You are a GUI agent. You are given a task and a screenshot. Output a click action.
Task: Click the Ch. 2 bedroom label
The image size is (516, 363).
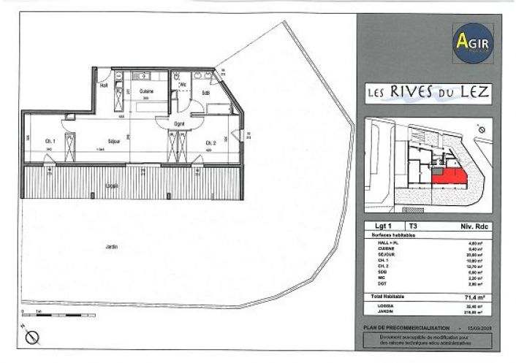click(210, 142)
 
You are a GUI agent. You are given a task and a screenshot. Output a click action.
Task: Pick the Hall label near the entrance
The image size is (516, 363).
click(103, 85)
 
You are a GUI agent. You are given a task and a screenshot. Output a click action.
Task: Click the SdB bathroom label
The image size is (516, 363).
click(206, 93)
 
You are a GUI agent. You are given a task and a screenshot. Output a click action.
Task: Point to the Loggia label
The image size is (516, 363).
click(112, 185)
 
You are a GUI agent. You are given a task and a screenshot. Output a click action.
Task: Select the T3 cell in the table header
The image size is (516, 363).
click(413, 226)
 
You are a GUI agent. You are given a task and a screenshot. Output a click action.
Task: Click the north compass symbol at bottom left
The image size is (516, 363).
click(32, 337)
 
